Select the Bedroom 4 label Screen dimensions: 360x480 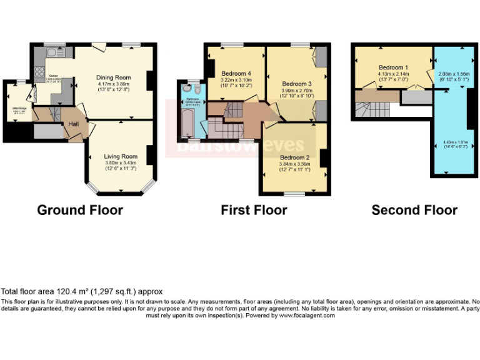pyautogui.click(x=236, y=73)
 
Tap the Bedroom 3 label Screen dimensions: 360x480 pyautogui.click(x=296, y=84)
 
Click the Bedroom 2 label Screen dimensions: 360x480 pyautogui.click(x=294, y=157)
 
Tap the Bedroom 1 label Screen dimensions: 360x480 pyautogui.click(x=394, y=67)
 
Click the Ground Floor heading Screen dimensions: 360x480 pyautogui.click(x=80, y=210)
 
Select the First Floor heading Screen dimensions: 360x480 pyautogui.click(x=254, y=210)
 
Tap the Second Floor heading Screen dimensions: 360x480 pyautogui.click(x=414, y=210)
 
